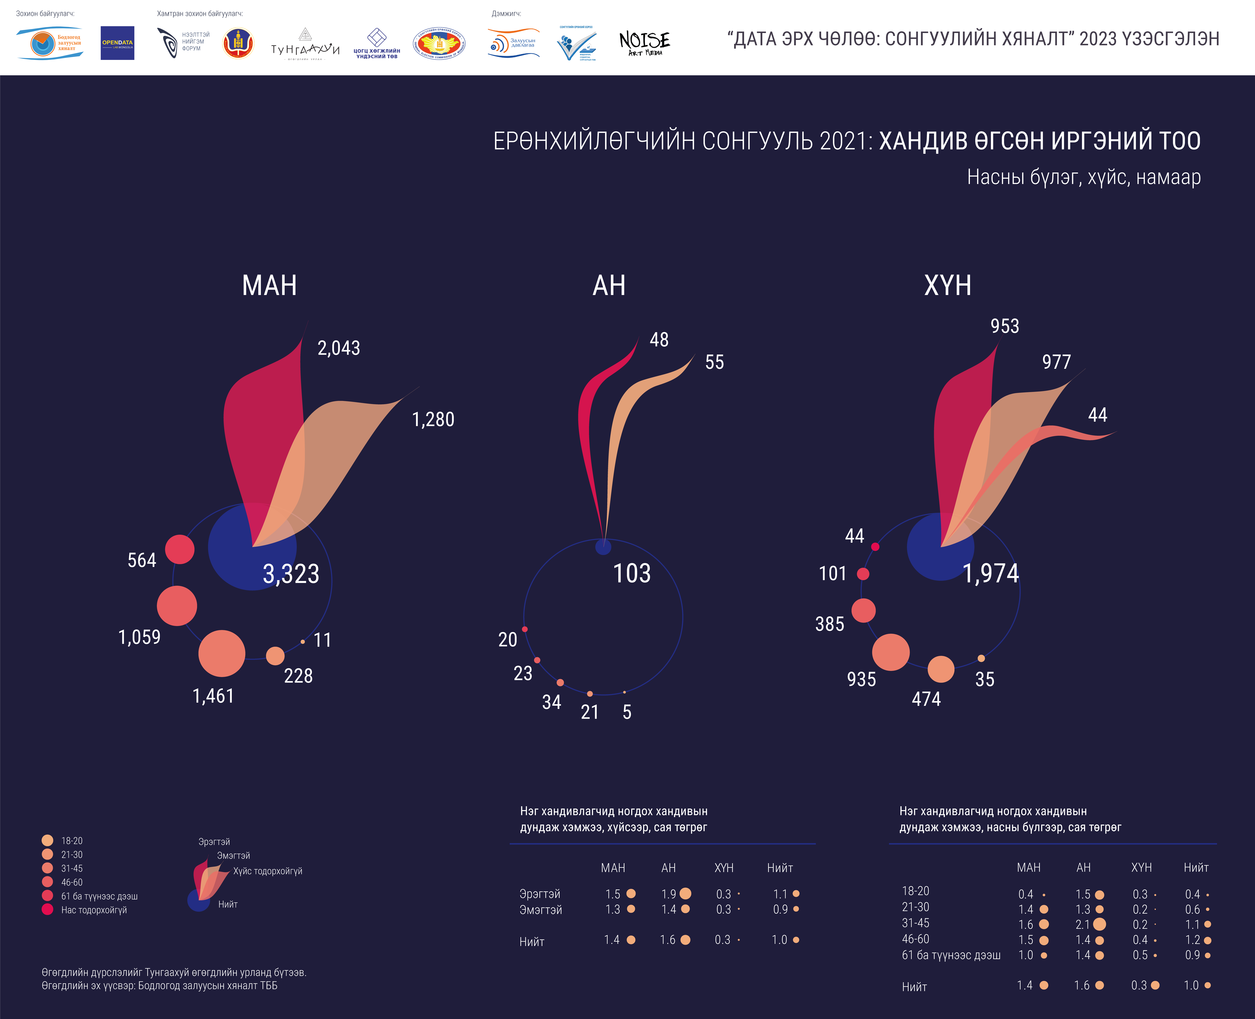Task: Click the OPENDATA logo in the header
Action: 117,43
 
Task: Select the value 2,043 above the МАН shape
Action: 339,348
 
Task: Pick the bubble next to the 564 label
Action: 180,549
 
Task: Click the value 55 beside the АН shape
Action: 714,362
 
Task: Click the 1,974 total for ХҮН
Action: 991,573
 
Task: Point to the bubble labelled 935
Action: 891,652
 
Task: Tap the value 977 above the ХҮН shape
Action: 1056,362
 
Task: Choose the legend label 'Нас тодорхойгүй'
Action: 94,910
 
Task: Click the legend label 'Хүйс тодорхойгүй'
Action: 268,871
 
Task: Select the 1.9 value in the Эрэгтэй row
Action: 669,894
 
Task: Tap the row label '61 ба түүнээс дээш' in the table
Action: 951,955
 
